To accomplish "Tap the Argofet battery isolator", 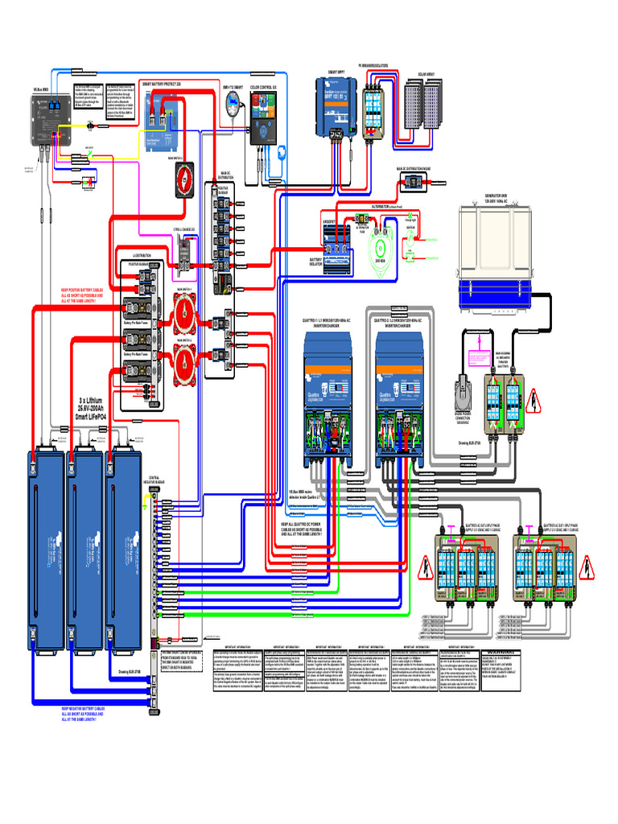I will [335, 237].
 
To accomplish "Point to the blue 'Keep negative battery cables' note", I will [90, 714].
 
